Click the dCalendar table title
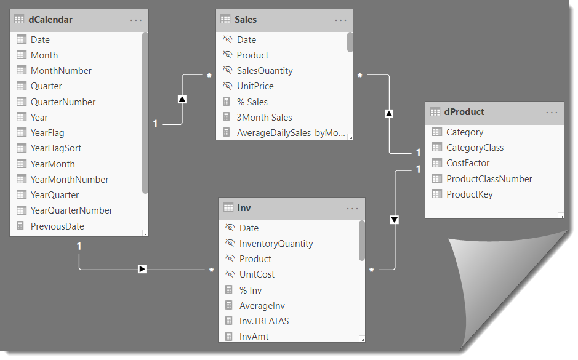50,20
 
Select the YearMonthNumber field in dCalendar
70,180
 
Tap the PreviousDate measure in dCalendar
57,226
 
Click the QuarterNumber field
63,102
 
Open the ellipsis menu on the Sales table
340,20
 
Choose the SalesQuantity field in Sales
265,71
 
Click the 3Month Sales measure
264,118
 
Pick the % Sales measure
252,102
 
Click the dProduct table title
464,112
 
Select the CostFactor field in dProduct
468,163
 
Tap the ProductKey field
469,194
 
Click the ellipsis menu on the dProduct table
552,113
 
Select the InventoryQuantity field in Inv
276,244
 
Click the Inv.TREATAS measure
264,321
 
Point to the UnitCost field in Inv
257,274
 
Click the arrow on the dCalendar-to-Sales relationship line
182,98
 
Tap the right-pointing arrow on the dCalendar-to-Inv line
142,269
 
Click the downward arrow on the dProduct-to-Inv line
395,220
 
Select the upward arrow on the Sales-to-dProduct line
389,114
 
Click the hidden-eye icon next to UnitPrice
227,86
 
